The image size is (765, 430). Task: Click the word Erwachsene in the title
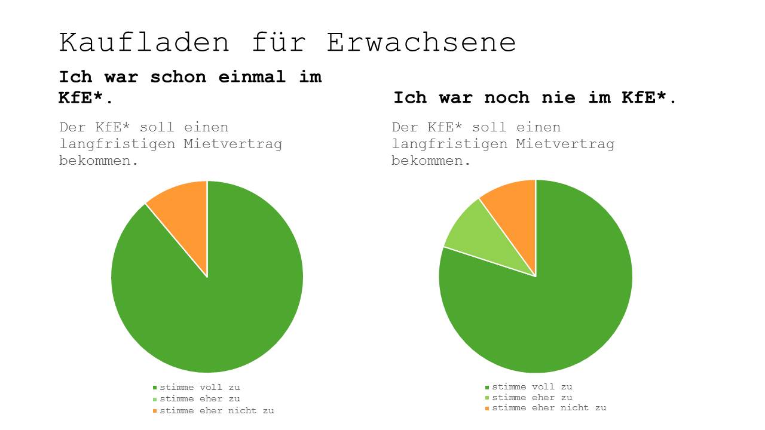click(421, 43)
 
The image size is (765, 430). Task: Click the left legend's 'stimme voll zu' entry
click(200, 388)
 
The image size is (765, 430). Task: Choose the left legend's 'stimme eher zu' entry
click(200, 399)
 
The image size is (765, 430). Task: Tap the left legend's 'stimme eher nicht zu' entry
click(216, 411)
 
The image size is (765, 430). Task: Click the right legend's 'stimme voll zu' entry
click(532, 387)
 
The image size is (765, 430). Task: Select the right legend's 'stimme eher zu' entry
click(532, 398)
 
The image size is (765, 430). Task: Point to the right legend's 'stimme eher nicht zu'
click(549, 408)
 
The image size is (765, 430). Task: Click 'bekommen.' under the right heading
click(432, 161)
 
